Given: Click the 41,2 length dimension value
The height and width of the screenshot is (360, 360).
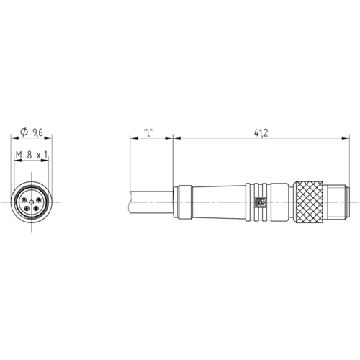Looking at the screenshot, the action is pyautogui.click(x=261, y=132).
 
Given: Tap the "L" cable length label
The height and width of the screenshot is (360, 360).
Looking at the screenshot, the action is pyautogui.click(x=148, y=132).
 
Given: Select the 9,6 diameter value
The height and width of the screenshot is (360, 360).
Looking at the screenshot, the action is pyautogui.click(x=37, y=132).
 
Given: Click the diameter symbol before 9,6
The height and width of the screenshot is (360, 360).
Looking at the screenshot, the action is pyautogui.click(x=24, y=132).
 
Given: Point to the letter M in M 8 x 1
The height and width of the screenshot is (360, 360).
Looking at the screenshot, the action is pyautogui.click(x=19, y=156).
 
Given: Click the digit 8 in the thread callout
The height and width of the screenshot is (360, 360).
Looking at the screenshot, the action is pyautogui.click(x=30, y=155).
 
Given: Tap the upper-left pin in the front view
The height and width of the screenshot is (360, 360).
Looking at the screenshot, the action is pyautogui.click(x=24, y=199).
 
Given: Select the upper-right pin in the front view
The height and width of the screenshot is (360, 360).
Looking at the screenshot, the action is pyautogui.click(x=38, y=199).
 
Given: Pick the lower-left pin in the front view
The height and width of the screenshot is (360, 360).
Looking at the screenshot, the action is pyautogui.click(x=27, y=209).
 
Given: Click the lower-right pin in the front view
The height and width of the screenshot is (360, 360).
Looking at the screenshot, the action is pyautogui.click(x=36, y=208).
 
